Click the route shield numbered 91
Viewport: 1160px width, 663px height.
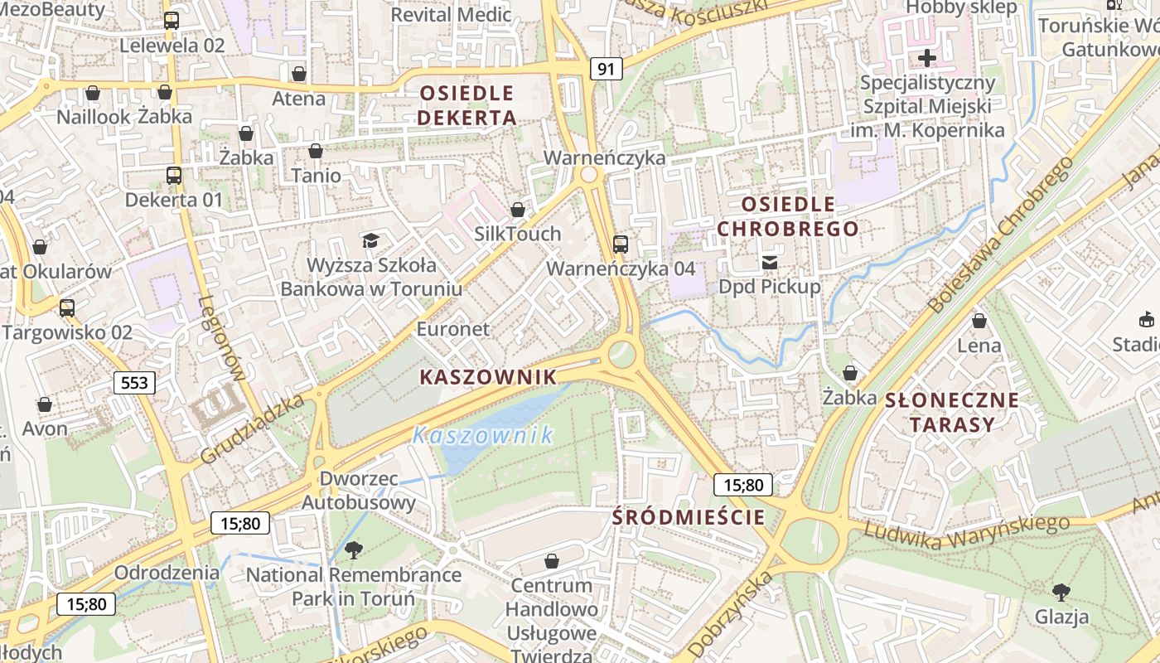[606, 69]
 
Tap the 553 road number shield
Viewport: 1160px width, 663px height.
[134, 382]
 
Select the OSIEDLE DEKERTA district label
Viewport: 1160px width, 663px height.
[466, 105]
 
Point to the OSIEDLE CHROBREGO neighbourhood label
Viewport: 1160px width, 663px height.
[787, 216]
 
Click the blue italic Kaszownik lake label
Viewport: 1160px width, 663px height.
[483, 435]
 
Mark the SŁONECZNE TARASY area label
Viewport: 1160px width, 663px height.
[952, 413]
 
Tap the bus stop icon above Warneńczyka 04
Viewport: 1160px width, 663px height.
[621, 244]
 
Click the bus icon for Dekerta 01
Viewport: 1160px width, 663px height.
[174, 176]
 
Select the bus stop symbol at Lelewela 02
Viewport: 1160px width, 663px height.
[172, 21]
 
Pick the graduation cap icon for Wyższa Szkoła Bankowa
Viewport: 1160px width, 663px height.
[370, 240]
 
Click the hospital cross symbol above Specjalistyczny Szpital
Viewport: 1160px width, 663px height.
[927, 58]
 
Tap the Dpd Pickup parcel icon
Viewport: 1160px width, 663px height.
[770, 263]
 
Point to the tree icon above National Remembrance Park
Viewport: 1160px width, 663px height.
[354, 549]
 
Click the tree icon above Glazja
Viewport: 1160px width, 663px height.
[1061, 592]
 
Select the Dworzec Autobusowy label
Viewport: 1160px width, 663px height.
[358, 491]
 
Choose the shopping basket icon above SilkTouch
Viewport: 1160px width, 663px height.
[518, 210]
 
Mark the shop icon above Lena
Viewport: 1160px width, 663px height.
[979, 321]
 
